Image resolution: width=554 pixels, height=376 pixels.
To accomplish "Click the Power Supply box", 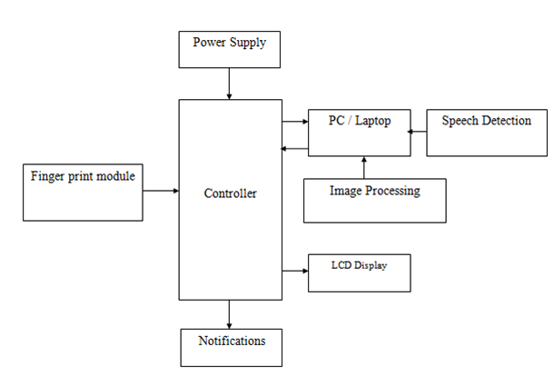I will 229,49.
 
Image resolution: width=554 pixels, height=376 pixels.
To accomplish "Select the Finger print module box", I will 83,192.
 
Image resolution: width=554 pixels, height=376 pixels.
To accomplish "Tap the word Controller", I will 230,193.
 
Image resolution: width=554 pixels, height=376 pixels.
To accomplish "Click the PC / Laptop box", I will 358,132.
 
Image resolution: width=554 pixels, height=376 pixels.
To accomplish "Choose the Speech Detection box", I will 486,132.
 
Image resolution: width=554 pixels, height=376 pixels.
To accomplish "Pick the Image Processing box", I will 374,201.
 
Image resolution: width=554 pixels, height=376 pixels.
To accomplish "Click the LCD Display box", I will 360,272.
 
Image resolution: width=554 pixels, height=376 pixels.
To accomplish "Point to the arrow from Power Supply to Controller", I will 229,84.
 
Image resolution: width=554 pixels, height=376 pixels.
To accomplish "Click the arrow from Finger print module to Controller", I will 161,192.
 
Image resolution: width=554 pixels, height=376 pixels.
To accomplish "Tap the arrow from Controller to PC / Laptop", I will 294,121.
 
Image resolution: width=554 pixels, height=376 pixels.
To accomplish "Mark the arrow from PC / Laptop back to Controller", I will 294,149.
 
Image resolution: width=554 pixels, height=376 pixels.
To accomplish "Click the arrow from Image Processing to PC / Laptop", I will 364,167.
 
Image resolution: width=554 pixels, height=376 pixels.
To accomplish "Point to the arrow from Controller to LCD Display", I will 294,271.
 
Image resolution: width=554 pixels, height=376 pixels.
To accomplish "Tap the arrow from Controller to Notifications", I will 229,314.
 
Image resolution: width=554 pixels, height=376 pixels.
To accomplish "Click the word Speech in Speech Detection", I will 461,121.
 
